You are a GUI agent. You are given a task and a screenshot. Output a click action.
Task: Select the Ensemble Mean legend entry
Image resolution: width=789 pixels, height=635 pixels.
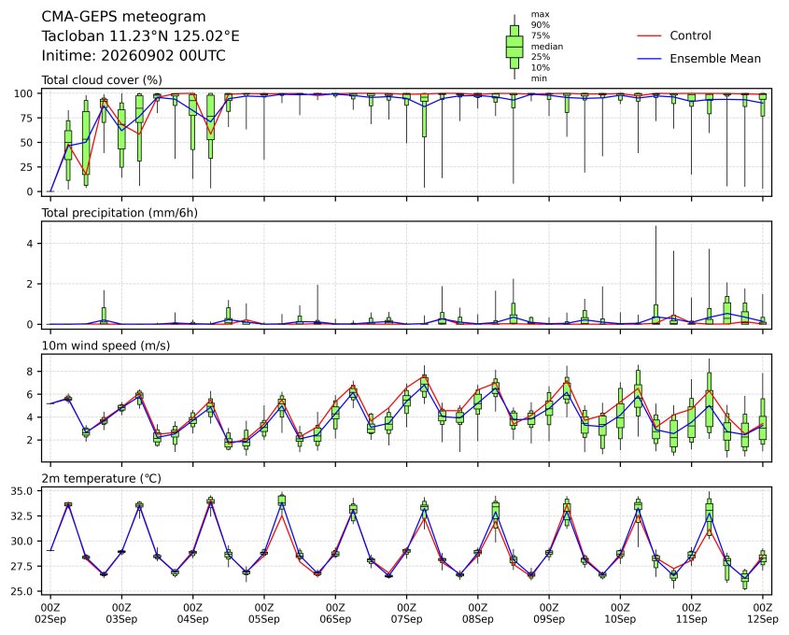699,59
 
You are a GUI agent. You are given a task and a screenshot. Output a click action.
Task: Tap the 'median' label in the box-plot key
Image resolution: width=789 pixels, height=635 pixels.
547,47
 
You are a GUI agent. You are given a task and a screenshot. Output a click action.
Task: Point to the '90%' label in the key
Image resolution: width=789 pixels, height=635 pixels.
541,24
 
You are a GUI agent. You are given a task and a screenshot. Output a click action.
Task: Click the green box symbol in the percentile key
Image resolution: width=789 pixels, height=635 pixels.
514,47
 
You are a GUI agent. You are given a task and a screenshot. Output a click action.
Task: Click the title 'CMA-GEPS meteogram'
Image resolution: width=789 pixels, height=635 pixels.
123,17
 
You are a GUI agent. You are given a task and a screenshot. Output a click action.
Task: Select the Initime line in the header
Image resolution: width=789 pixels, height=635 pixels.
134,55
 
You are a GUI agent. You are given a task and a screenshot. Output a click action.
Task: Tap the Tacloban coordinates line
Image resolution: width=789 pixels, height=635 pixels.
140,36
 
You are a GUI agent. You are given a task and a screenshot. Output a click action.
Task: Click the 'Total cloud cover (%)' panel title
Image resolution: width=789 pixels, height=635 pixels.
102,80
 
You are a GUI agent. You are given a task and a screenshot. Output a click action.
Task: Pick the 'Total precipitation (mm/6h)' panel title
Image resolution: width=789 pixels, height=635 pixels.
120,213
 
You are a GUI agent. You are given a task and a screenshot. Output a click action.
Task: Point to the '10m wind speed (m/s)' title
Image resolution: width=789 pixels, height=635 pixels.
106,346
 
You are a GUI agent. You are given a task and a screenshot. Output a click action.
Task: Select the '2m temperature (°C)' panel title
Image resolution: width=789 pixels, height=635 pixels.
101,478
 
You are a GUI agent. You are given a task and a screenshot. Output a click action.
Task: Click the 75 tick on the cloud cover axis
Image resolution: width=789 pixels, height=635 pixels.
27,119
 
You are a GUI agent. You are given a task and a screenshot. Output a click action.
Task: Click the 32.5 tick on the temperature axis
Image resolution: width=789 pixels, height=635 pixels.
22,516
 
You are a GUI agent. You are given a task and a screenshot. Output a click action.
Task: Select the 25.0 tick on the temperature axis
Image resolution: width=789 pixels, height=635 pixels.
22,591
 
